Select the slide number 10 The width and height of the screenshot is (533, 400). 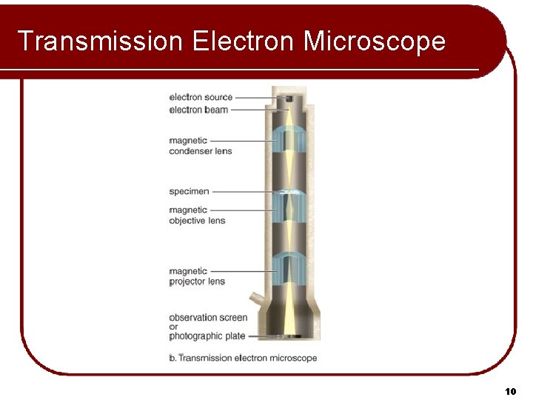(510, 390)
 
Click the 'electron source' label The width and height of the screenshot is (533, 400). (201, 97)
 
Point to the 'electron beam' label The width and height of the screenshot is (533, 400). (198, 110)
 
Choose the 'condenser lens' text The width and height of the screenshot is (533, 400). (201, 151)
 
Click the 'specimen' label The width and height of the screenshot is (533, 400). (189, 191)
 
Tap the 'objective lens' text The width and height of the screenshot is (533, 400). (197, 220)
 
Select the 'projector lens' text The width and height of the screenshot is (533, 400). (197, 281)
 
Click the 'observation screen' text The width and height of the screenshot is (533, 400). (208, 317)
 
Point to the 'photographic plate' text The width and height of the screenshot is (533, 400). (207, 336)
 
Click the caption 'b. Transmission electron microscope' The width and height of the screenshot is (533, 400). (243, 358)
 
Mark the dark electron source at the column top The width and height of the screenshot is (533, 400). (289, 99)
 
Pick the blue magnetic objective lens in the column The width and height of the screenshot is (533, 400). (289, 207)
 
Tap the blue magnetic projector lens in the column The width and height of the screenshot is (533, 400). (289, 270)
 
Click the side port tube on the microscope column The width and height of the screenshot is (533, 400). (255, 298)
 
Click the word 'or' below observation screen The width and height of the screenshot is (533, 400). (173, 327)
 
